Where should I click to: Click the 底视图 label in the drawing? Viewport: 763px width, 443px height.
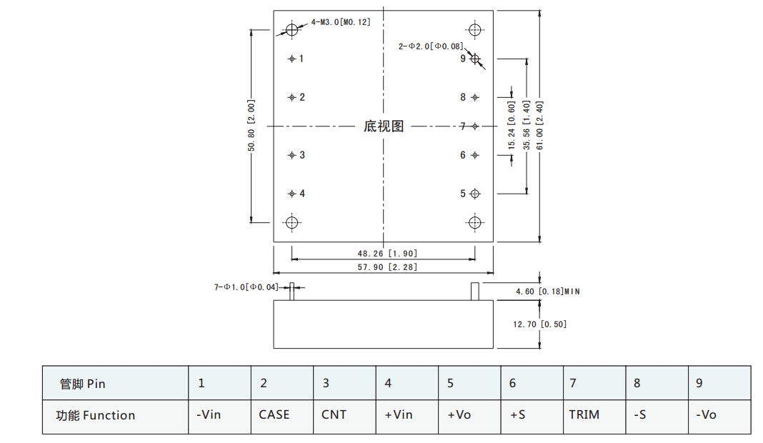coord(384,126)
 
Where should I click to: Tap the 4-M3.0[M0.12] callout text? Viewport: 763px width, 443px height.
coord(341,23)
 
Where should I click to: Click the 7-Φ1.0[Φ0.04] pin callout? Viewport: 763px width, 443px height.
coord(246,287)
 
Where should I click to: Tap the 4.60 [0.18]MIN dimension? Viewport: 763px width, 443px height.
coord(547,292)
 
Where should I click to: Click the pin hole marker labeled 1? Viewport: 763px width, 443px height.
coord(291,59)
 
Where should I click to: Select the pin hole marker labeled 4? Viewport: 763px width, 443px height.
coord(291,194)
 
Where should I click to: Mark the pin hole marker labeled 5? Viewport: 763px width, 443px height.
coord(476,194)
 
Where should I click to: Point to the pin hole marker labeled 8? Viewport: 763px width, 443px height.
coord(476,97)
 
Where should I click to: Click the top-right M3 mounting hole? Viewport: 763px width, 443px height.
coord(475,30)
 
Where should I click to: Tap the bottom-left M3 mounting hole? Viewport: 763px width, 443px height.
coord(291,222)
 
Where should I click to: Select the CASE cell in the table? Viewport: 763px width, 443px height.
coord(274,414)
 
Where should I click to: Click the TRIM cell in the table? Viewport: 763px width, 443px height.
coord(584,414)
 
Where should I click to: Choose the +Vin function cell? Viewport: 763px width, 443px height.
coord(399,414)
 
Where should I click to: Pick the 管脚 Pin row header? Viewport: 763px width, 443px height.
coord(83,384)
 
